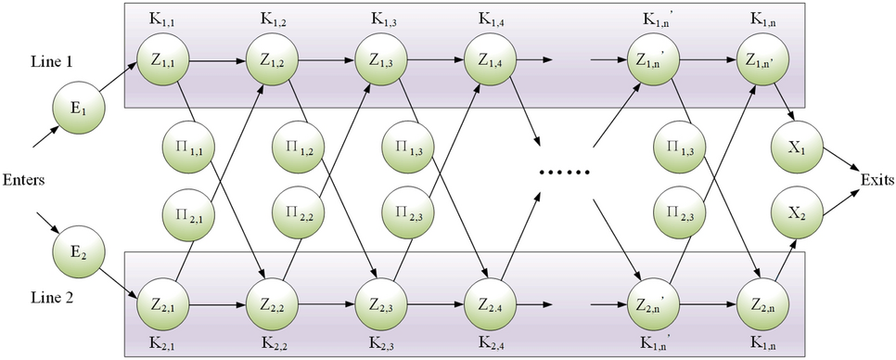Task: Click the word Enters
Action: point(26,178)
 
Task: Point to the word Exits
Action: point(877,178)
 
